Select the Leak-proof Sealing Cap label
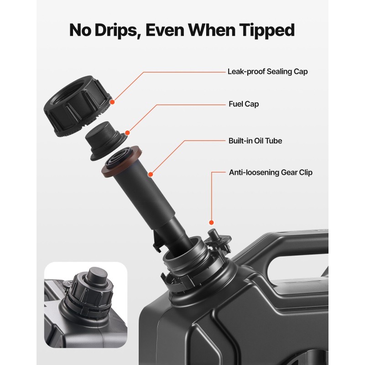point(267,72)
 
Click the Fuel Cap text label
point(244,104)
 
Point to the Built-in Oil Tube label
point(255,141)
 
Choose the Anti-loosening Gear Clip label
point(271,172)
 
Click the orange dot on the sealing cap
point(112,102)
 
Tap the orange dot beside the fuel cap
point(127,133)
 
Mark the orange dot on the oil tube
point(151,174)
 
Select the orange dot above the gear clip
point(211,223)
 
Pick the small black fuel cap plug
point(106,141)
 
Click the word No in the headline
point(80,31)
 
